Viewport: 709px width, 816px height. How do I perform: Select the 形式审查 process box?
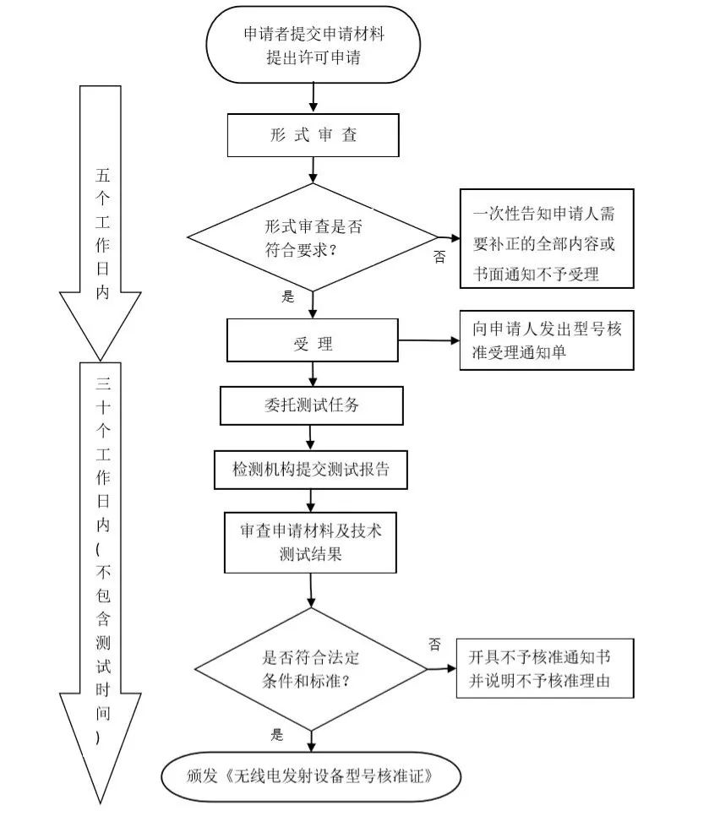[x=313, y=135]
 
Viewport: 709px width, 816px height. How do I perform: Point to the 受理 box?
[x=313, y=342]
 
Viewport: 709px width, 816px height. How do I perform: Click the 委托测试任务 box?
[x=312, y=405]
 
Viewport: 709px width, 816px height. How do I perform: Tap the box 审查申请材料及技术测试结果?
[x=311, y=542]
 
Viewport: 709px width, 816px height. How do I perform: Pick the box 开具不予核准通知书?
[x=545, y=669]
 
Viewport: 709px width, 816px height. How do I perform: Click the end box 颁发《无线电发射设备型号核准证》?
[x=312, y=774]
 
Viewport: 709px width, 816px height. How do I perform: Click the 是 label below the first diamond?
[x=287, y=296]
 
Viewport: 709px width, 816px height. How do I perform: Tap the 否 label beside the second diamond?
[x=434, y=645]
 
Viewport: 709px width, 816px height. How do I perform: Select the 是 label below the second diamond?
[x=277, y=734]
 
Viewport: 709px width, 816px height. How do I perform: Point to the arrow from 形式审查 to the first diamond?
[x=314, y=171]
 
